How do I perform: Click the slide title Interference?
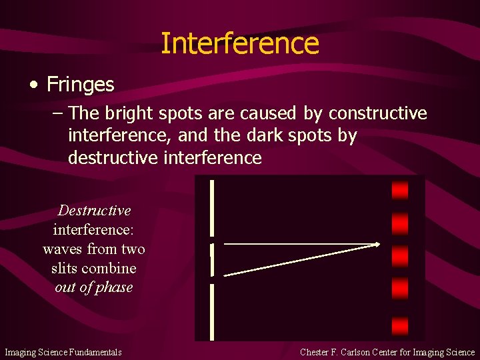click(240, 44)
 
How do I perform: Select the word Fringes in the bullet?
click(81, 85)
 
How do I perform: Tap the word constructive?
click(378, 113)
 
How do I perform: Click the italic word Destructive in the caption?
click(94, 211)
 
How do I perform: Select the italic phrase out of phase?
click(94, 287)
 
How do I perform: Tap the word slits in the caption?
click(65, 269)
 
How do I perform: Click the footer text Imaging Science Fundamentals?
click(63, 351)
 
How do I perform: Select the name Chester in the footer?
click(319, 351)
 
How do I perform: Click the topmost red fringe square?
click(400, 191)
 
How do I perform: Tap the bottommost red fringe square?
click(400, 325)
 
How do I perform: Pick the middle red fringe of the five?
click(400, 256)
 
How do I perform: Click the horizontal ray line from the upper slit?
click(300, 244)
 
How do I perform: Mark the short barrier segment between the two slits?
click(212, 260)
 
